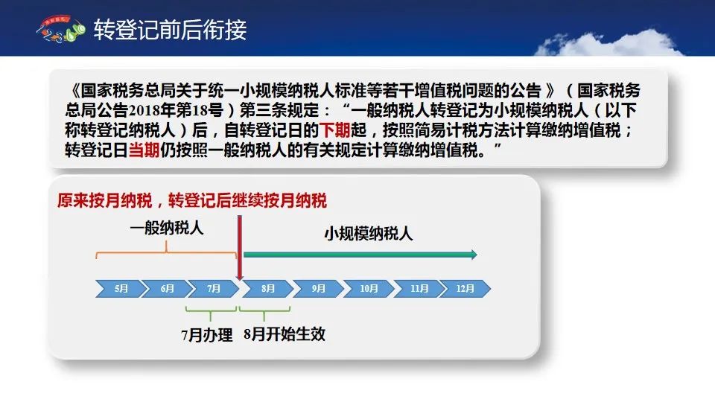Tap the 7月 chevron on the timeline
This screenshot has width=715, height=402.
point(214,289)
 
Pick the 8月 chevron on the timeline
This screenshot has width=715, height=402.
point(268,289)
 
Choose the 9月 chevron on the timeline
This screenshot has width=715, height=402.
point(318,289)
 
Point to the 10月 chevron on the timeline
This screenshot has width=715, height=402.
point(369,289)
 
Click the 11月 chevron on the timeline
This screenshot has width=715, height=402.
point(419,289)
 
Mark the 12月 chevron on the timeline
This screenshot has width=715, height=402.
point(465,289)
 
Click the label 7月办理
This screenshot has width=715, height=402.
point(207,335)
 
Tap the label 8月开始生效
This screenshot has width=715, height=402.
point(285,334)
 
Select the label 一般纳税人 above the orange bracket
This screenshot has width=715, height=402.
point(166,228)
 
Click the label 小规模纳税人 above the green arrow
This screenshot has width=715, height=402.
point(369,233)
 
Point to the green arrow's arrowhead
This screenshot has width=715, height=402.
point(474,255)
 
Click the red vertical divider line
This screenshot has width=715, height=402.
point(239,247)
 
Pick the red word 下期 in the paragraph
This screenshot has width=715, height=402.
point(334,130)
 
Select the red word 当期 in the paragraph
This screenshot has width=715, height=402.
point(144,150)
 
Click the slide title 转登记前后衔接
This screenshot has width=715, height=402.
point(170,30)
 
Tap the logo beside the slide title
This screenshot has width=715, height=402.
point(61,30)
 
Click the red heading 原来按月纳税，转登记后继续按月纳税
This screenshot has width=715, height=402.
point(192,200)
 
